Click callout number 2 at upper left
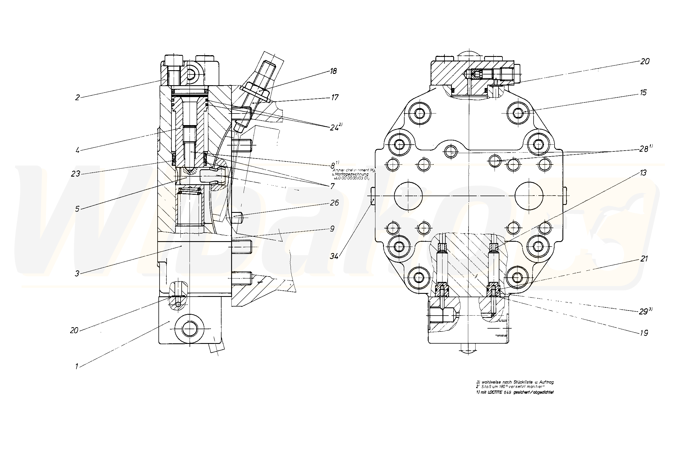77,98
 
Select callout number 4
78,151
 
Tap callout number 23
76,174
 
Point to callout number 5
77,209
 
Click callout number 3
77,274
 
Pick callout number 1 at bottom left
77,367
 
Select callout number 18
334,71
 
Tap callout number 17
335,97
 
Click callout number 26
334,203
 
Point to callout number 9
332,229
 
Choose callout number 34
334,256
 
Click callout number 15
643,93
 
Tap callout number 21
644,259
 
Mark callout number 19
644,333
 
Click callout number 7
332,186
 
